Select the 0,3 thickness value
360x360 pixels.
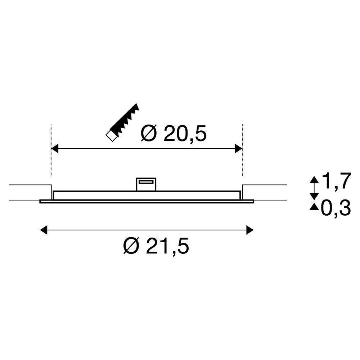coord(336,209)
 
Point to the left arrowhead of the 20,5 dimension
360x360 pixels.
coord(55,148)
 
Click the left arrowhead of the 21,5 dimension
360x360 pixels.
coord(44,229)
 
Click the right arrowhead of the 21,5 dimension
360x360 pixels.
coord(250,229)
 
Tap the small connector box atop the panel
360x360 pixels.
coord(145,184)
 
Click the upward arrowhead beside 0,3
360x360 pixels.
coord(315,206)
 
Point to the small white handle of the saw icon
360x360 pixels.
coord(111,136)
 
